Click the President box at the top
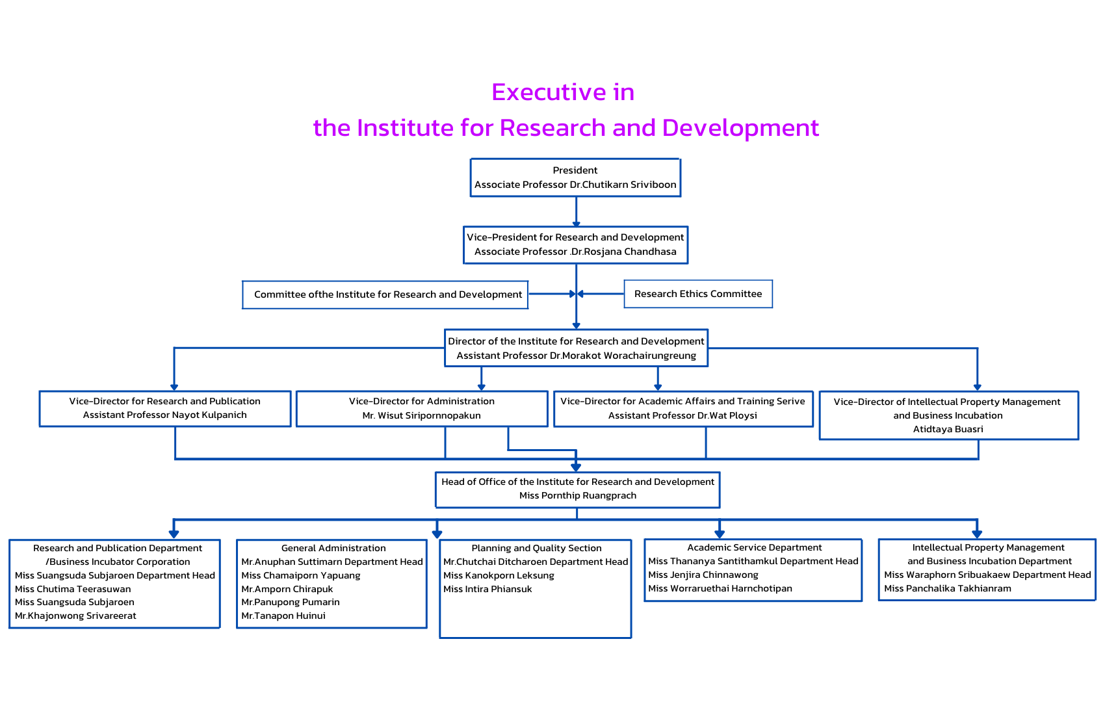(x=575, y=177)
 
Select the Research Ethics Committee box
(x=698, y=294)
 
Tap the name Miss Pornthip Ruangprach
(x=577, y=495)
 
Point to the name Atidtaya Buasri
(x=948, y=429)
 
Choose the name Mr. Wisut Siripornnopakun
(x=421, y=415)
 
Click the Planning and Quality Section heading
(x=536, y=548)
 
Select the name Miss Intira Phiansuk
(x=487, y=589)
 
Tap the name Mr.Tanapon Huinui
(x=283, y=616)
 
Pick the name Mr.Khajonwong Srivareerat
(x=75, y=616)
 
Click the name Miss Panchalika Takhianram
(x=947, y=588)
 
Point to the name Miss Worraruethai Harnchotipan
(x=720, y=588)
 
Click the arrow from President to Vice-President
(x=576, y=212)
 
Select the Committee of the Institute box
(x=387, y=294)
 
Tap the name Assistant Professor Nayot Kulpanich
(x=164, y=415)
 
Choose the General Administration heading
(x=333, y=548)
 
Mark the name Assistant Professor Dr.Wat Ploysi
(x=682, y=415)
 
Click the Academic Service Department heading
(x=754, y=547)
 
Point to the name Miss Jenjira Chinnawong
(x=703, y=575)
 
